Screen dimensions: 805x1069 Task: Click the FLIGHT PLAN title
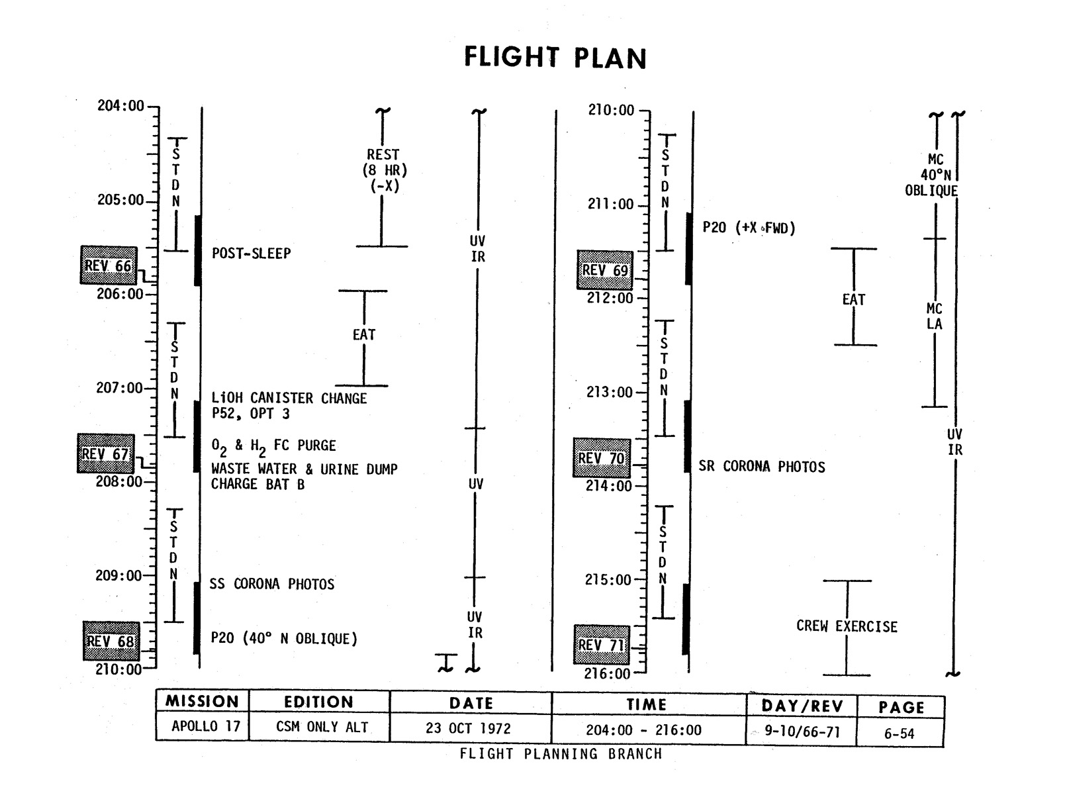coord(555,58)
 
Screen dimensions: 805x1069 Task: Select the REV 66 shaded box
coord(107,265)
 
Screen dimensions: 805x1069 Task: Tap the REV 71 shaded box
coord(601,644)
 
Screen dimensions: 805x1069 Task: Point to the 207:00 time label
coord(119,388)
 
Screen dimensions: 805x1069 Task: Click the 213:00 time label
coord(610,393)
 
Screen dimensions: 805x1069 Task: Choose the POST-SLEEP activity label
coord(251,254)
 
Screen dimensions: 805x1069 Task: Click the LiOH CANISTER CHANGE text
coord(289,399)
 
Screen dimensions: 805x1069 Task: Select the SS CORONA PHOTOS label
coord(272,585)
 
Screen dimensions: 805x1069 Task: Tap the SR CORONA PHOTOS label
coord(762,467)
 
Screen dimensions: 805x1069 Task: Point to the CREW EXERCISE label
coord(847,626)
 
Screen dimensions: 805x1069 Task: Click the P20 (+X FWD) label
coord(749,228)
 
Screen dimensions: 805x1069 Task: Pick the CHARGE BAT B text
coord(257,484)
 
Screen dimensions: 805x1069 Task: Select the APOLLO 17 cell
coord(206,726)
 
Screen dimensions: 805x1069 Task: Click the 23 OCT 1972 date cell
coord(468,729)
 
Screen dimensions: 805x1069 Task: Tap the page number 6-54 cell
coord(899,734)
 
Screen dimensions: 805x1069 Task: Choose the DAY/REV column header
coord(802,706)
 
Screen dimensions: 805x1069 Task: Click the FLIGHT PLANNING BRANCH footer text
coord(561,754)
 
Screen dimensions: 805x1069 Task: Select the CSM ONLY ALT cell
coord(322,727)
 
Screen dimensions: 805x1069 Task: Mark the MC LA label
coord(934,316)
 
